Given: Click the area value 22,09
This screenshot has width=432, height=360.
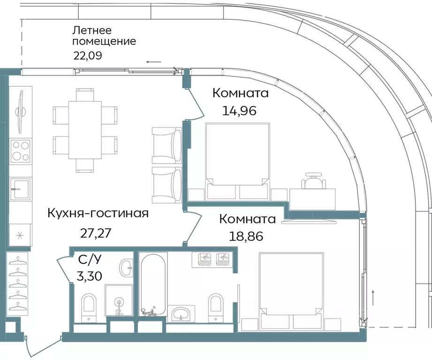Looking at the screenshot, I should pos(88,55).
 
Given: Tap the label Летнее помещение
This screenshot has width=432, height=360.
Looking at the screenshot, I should pos(104,36).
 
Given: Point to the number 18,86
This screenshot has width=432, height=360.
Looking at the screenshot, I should pos(246,235).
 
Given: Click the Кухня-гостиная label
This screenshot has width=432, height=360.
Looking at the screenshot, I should pos(98,214).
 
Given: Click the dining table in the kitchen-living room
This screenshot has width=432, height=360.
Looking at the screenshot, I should pos(84,129).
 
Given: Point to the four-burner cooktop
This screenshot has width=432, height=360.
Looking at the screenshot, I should pos(21,151).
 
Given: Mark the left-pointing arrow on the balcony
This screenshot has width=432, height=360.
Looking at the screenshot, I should pos(153,62).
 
